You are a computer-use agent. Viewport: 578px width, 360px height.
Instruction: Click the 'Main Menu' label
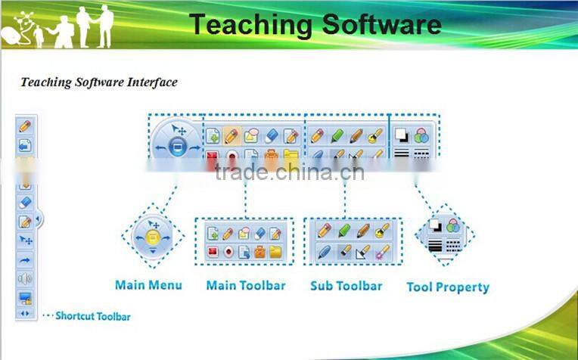pos(148,285)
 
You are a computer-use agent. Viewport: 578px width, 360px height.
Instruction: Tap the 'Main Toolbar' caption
pos(246,286)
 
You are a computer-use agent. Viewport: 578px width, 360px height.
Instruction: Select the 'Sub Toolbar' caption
pos(346,286)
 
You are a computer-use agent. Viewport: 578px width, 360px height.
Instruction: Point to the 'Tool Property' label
pos(448,287)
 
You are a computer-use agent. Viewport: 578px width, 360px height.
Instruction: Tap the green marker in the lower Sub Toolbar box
pos(344,230)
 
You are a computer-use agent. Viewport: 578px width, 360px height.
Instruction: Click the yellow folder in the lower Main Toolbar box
pos(275,252)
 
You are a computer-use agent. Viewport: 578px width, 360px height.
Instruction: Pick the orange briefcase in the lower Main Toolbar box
pos(259,252)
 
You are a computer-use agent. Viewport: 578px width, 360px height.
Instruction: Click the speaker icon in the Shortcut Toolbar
pos(25,279)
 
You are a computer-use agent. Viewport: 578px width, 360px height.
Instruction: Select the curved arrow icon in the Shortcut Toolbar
pos(25,260)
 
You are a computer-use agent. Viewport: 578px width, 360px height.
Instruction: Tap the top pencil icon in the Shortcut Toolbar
pos(25,126)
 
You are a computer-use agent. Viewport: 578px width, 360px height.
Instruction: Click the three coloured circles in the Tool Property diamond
pos(453,225)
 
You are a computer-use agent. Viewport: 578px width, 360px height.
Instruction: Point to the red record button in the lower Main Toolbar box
pos(228,252)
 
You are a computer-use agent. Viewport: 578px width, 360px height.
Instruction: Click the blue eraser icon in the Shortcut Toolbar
pos(25,203)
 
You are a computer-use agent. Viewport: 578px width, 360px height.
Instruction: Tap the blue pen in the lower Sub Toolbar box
pos(324,251)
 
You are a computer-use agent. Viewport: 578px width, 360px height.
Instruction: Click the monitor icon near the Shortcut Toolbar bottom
pos(25,298)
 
